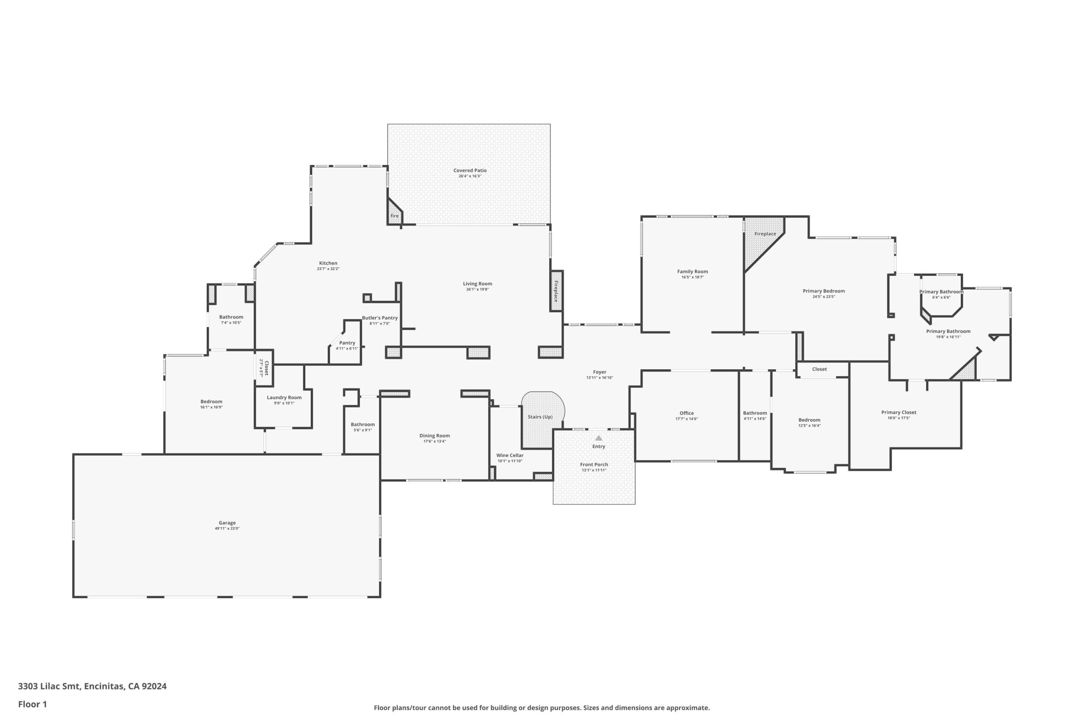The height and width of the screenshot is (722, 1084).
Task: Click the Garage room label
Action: click(x=227, y=523)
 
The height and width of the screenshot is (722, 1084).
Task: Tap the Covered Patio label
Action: click(x=470, y=170)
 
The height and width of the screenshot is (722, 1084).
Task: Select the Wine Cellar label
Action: click(x=510, y=456)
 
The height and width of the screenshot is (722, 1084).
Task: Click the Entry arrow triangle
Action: click(x=599, y=438)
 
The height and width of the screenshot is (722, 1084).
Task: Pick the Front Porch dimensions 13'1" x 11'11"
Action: click(x=594, y=470)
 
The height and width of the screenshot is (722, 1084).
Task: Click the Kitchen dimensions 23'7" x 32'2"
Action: click(x=328, y=269)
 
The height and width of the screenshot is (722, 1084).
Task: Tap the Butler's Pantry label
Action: click(x=380, y=318)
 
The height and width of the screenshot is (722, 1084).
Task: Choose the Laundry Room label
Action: click(x=285, y=398)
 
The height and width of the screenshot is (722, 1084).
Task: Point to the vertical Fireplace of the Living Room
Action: click(x=556, y=291)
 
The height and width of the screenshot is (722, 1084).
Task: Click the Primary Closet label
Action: click(x=899, y=412)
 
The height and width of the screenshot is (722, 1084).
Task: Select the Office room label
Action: click(x=686, y=413)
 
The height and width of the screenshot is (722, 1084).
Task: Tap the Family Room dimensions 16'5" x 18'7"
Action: click(x=693, y=277)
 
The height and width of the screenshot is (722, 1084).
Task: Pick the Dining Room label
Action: click(x=434, y=436)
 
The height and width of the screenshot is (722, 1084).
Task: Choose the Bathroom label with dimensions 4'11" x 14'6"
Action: click(x=755, y=413)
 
